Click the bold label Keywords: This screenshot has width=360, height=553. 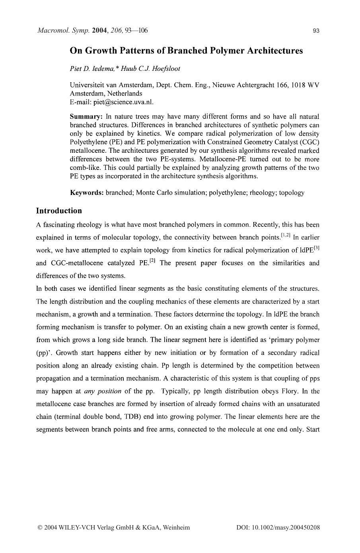click(x=87, y=193)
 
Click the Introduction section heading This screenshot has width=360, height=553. click(x=59, y=211)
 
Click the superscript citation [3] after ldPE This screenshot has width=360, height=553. click(x=317, y=248)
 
